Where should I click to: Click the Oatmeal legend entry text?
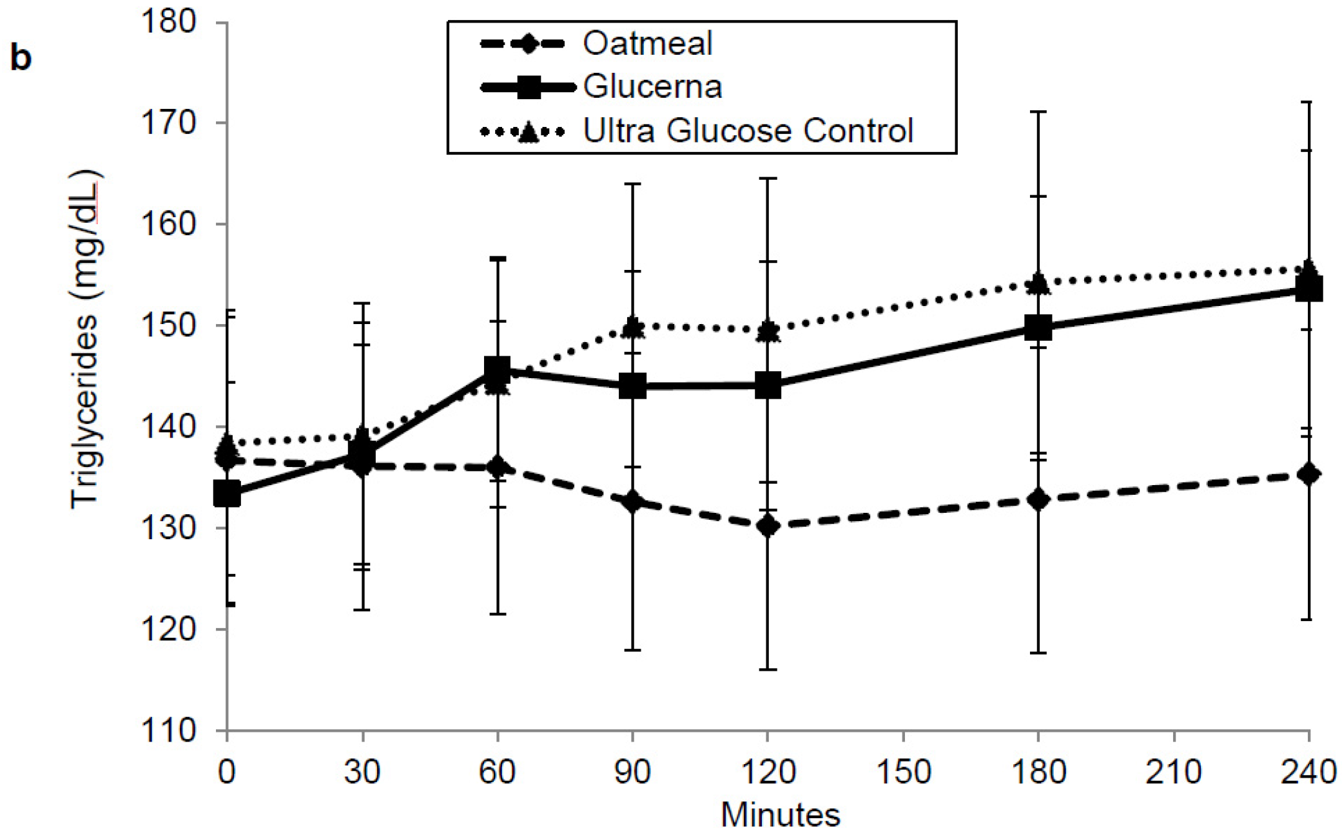tap(647, 44)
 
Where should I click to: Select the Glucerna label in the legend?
tap(652, 87)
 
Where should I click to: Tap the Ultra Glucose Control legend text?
tap(748, 131)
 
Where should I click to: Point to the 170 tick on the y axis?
tap(177, 123)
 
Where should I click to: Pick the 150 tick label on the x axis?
tap(902, 772)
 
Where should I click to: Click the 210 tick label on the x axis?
tap(1173, 772)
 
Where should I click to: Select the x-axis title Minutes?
tap(780, 814)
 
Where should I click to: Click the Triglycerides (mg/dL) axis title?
tap(85, 338)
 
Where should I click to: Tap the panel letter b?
tap(21, 59)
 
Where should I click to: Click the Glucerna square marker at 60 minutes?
tap(497, 370)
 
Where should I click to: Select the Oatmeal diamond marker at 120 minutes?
tap(768, 526)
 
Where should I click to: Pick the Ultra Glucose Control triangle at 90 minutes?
tap(632, 327)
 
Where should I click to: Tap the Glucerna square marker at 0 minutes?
tap(227, 494)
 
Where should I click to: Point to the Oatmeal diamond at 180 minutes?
tap(1038, 499)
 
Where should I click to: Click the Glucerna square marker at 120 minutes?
tap(768, 387)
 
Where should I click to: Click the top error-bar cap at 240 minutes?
tap(1308, 102)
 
